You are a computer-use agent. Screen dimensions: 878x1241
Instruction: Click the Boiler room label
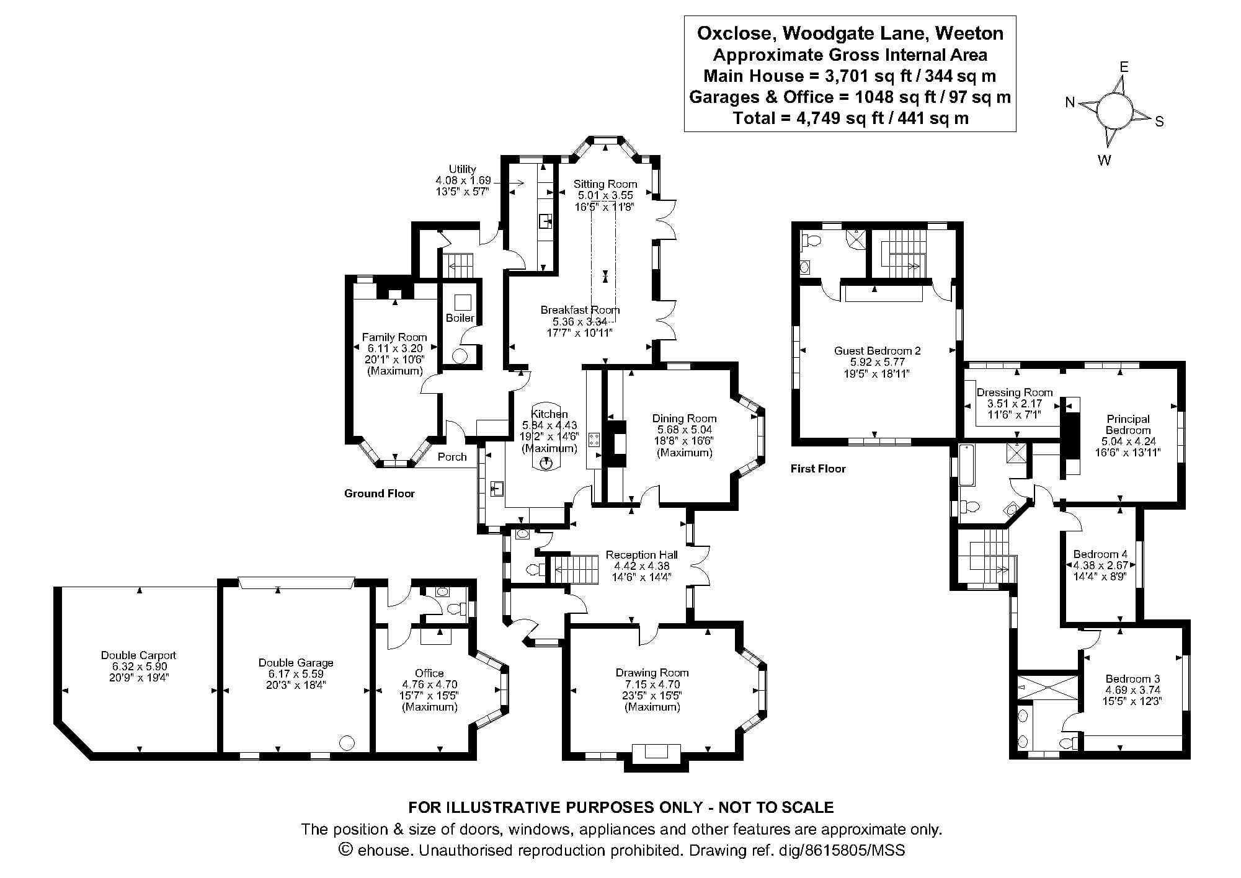click(x=460, y=318)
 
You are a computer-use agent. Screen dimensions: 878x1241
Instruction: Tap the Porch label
click(x=451, y=457)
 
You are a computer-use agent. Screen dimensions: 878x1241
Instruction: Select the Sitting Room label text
click(x=605, y=184)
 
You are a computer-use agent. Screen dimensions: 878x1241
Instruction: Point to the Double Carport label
click(x=138, y=655)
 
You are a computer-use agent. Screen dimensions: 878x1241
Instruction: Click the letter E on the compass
click(x=1123, y=67)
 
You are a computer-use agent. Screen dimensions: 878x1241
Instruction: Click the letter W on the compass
click(x=1104, y=161)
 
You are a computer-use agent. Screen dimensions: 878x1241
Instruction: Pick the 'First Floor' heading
click(x=817, y=469)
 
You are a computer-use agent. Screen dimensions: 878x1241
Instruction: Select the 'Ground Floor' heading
click(x=379, y=494)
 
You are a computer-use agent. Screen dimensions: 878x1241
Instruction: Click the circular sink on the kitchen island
click(x=546, y=463)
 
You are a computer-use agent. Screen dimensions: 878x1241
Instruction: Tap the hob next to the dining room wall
click(x=594, y=440)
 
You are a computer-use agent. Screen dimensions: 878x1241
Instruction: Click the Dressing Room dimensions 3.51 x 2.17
click(x=1014, y=404)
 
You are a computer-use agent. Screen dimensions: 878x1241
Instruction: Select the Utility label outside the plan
click(x=462, y=169)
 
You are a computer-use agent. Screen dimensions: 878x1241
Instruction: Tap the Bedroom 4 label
click(x=1100, y=554)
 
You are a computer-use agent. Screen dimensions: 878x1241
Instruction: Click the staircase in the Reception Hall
click(x=574, y=569)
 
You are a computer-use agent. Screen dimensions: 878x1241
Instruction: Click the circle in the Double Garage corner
click(x=347, y=742)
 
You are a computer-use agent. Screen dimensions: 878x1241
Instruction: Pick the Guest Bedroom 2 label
click(x=877, y=351)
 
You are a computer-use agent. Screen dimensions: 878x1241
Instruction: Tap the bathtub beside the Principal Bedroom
click(x=967, y=464)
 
